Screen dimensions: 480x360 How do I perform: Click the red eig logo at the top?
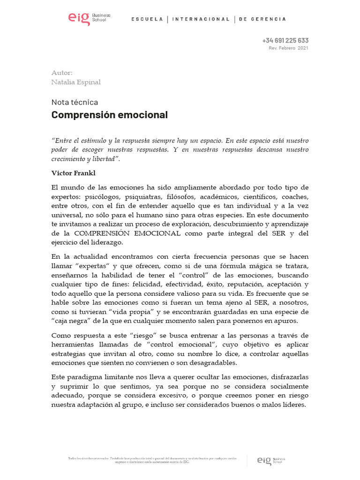click(79, 19)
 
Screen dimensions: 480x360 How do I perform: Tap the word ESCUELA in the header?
click(147, 19)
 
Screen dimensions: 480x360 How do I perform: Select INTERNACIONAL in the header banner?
click(201, 19)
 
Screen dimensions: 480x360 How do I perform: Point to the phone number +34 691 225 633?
click(285, 40)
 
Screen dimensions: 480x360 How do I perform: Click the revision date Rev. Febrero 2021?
click(288, 48)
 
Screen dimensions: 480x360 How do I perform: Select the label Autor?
click(62, 73)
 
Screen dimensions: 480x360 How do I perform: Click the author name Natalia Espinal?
click(75, 82)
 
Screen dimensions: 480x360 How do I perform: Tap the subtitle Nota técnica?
click(75, 102)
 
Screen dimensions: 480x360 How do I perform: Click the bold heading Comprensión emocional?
click(109, 115)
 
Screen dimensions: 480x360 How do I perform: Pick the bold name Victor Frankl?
click(73, 173)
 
